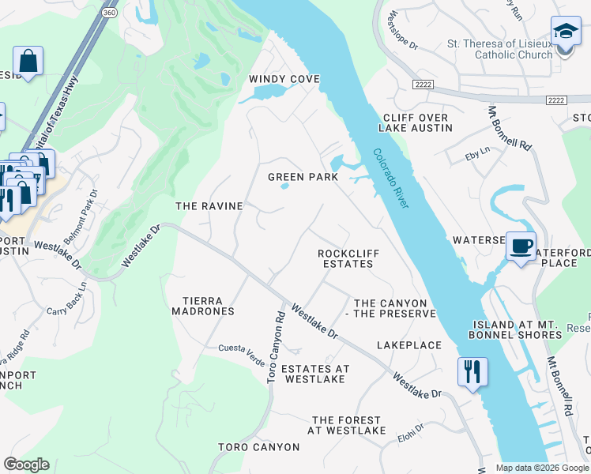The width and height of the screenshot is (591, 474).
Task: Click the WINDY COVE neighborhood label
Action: pyautogui.click(x=284, y=79)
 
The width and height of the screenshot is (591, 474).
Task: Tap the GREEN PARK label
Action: pyautogui.click(x=303, y=177)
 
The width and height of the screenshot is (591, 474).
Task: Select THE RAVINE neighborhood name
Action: pyautogui.click(x=209, y=206)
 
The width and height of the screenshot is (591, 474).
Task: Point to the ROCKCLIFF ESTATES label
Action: pyautogui.click(x=344, y=258)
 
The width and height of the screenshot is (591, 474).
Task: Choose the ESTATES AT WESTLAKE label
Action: pyautogui.click(x=314, y=374)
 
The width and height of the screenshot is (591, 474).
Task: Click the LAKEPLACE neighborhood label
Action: pyautogui.click(x=408, y=345)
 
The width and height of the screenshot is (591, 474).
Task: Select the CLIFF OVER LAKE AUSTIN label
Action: pyautogui.click(x=415, y=122)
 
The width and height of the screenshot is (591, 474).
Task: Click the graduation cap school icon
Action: pyautogui.click(x=566, y=32)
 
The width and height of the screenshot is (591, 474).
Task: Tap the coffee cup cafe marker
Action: pyautogui.click(x=521, y=246)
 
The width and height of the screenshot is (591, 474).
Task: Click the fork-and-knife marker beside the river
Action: pyautogui.click(x=472, y=371)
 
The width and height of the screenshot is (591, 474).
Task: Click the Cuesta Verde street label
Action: pyautogui.click(x=243, y=348)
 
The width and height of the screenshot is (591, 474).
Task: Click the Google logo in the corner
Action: pyautogui.click(x=26, y=465)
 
